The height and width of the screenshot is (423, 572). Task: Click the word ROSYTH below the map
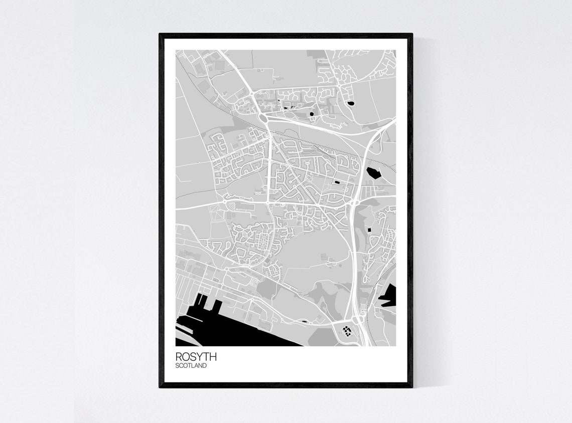point(196,357)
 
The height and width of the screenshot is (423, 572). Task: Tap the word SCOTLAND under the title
point(191,366)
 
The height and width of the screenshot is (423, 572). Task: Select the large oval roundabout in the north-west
point(264,118)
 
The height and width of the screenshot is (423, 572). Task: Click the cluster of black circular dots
point(346,330)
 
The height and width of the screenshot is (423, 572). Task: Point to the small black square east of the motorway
point(370,230)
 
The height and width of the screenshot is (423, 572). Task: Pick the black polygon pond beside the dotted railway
point(374,172)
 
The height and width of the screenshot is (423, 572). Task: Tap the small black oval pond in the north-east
point(350,104)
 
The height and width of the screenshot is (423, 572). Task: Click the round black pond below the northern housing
point(312,114)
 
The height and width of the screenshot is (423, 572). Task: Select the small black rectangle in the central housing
point(337,182)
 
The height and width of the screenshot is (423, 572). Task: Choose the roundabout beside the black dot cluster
point(359,319)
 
